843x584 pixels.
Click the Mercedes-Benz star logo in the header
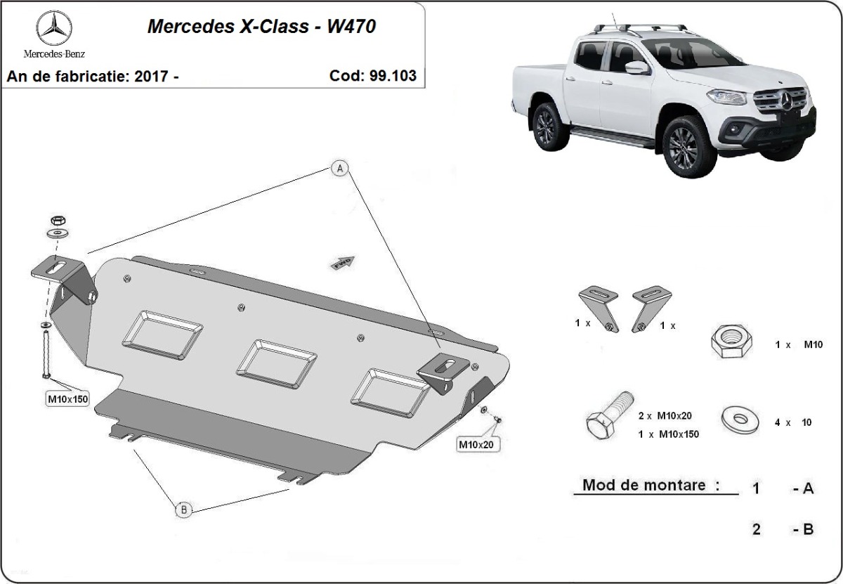point(54,28)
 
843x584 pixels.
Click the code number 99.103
point(393,76)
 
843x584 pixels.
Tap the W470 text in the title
point(351,27)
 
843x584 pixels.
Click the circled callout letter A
point(340,168)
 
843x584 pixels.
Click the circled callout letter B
point(183,510)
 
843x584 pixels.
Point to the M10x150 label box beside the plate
point(67,399)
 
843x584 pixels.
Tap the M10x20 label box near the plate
point(476,445)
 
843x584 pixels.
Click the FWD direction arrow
point(343,263)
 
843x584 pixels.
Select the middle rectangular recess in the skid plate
point(277,364)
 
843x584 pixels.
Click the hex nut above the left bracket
point(58,220)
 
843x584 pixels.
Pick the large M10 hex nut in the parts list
point(731,341)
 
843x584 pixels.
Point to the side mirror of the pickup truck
point(637,67)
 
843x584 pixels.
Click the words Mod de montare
point(644,485)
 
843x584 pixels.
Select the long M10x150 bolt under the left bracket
point(46,353)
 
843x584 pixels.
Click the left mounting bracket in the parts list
point(598,309)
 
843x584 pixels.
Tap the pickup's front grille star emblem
point(788,100)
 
